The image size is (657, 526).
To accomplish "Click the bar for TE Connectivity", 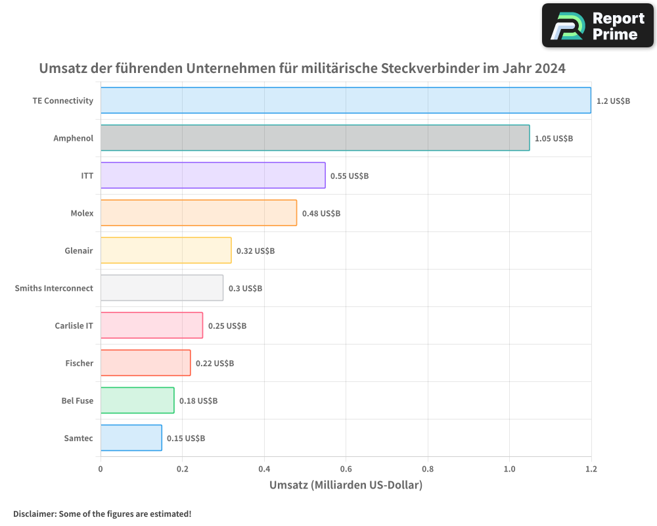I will click(346, 101).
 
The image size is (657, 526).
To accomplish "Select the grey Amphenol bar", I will click(315, 138).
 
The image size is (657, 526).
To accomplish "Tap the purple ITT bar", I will click(213, 176).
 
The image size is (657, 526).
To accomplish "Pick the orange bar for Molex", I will click(198, 213).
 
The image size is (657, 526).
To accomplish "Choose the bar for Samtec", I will click(131, 438).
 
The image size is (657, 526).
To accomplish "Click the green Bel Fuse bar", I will click(137, 400).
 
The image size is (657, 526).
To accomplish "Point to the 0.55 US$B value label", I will click(350, 176).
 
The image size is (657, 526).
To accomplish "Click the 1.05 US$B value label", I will click(554, 139).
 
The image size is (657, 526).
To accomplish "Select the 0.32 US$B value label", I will click(256, 251).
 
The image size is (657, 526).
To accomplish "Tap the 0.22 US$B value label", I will click(215, 364).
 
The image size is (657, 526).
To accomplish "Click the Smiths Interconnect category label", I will click(54, 288).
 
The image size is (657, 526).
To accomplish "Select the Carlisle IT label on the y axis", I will click(74, 325).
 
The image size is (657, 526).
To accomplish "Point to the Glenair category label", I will click(79, 251).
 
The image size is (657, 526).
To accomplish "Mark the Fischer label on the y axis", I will click(79, 363).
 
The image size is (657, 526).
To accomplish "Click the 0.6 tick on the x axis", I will click(346, 469).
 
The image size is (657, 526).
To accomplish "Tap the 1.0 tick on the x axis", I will click(509, 469).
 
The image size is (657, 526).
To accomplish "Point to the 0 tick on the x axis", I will click(101, 469).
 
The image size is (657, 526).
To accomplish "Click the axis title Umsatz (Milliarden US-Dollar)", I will click(346, 485).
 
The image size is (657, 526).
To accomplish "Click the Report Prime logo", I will click(598, 26).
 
